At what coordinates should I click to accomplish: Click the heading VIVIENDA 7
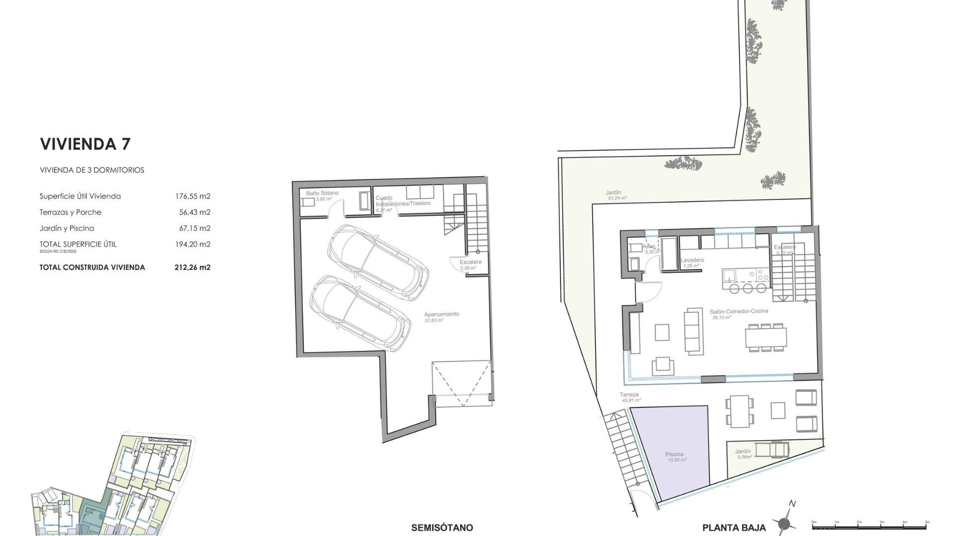[85, 144]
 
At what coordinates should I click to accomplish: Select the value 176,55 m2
[193, 196]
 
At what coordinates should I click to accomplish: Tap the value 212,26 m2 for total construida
[193, 267]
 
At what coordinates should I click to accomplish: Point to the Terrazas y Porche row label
[70, 212]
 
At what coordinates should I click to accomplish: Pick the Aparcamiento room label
[441, 314]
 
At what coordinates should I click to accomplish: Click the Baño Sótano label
[322, 193]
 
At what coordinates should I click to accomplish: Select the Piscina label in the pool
[675, 454]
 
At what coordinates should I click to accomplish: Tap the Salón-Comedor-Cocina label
[739, 311]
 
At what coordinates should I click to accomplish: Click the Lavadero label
[692, 260]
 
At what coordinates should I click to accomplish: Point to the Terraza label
[629, 395]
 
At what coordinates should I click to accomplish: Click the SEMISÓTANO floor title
[442, 528]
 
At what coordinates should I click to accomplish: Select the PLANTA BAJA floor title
[734, 528]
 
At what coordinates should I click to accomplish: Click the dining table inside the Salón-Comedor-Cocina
[766, 337]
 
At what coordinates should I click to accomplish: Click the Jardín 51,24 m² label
[613, 193]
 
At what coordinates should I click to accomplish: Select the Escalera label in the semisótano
[470, 262]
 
